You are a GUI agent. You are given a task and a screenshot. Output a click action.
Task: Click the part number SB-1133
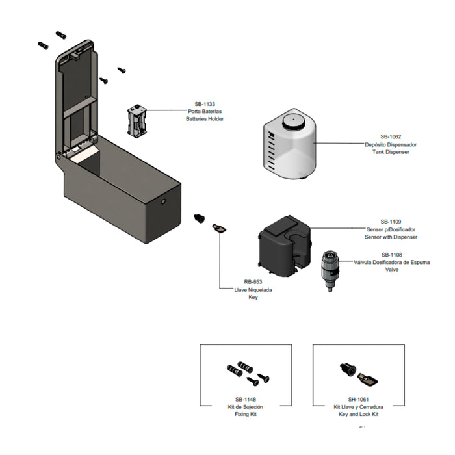click(x=205, y=104)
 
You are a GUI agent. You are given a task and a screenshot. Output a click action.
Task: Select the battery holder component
click(x=137, y=120)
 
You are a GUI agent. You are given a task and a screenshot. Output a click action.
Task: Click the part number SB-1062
click(x=391, y=136)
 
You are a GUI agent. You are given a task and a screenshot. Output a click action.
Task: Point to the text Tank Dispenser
click(x=391, y=151)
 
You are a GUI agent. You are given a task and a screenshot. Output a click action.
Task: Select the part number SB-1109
click(x=391, y=222)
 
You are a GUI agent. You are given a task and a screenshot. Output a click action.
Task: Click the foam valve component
click(x=330, y=271)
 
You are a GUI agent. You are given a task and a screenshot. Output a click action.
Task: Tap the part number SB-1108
click(x=392, y=255)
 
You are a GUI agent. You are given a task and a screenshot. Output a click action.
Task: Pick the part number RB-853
click(x=253, y=281)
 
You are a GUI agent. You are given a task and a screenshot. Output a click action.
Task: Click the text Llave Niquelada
click(x=253, y=290)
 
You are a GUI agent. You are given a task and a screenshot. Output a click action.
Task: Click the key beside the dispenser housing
click(x=219, y=229)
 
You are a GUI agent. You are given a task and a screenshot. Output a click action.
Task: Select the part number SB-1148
click(x=246, y=400)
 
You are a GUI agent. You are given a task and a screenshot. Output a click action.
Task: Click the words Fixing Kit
click(x=246, y=414)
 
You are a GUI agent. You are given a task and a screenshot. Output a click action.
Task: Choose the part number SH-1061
click(x=358, y=400)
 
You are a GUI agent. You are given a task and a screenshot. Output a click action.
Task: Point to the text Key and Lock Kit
click(x=358, y=414)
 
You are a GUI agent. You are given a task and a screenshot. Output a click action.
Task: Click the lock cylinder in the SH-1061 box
click(x=348, y=369)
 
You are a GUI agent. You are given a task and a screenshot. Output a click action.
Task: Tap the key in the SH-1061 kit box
click(x=367, y=379)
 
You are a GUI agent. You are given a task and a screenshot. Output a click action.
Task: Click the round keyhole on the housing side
click(x=163, y=201)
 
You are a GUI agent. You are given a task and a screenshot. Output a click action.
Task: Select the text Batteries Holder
click(x=205, y=119)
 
